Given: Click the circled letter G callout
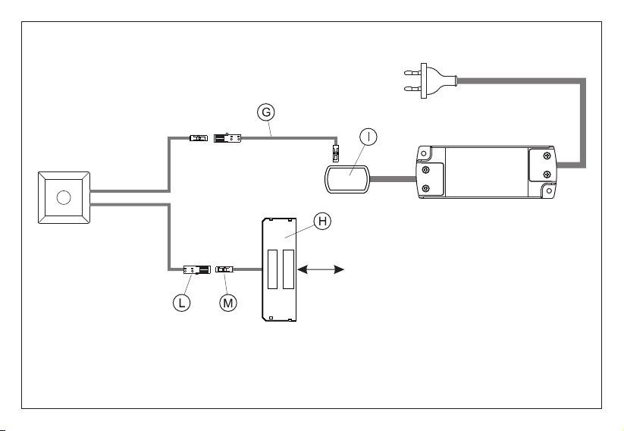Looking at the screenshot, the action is (266, 112).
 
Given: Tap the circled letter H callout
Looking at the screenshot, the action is (322, 221).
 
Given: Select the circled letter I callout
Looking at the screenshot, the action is (368, 137).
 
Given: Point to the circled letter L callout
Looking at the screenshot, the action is (181, 303).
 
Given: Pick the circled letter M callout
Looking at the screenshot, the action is (228, 303).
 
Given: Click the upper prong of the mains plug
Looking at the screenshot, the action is (412, 73).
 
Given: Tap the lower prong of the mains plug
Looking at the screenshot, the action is (412, 89).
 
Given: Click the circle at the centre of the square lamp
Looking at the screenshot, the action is (64, 197).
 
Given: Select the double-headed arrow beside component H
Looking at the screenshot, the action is (321, 269).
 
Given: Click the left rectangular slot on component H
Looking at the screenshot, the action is (273, 269).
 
